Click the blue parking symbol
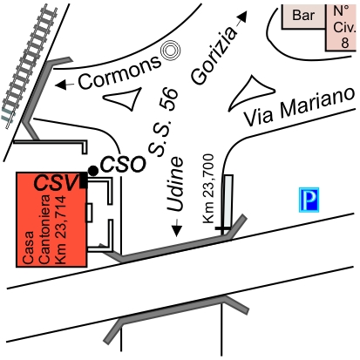coord(309,200)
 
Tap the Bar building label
coord(303,15)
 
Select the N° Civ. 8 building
coord(341,28)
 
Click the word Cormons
coord(119,71)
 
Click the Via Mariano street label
coord(299,106)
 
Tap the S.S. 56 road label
coord(163,122)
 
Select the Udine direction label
coord(175,185)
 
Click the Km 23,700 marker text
coord(208,189)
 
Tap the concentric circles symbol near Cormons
coord(171,51)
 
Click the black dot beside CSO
coord(93,171)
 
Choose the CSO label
coord(123,165)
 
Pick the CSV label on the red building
coord(56,183)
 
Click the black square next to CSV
coord(84,180)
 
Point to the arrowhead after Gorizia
coord(243,17)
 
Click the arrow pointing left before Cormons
coord(65,85)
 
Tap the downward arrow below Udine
coord(176,228)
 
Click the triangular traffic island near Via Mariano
coord(251,92)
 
